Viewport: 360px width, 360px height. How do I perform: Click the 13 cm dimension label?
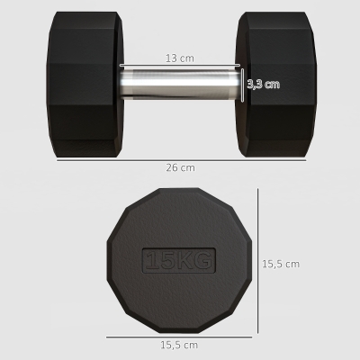click(x=180, y=58)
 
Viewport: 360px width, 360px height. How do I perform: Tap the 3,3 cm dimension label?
click(x=264, y=85)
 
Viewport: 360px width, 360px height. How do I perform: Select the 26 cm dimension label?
click(x=180, y=167)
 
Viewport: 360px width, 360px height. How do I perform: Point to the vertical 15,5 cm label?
click(x=281, y=264)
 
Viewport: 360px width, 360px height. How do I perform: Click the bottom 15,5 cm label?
click(x=179, y=345)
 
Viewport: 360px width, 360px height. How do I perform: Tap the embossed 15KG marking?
click(x=179, y=260)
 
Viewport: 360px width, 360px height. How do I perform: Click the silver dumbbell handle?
click(x=181, y=85)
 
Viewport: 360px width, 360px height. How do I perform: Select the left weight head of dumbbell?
click(x=85, y=85)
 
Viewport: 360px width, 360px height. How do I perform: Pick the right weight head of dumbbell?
click(x=275, y=85)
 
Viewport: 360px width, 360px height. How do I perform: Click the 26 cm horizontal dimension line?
click(x=181, y=160)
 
